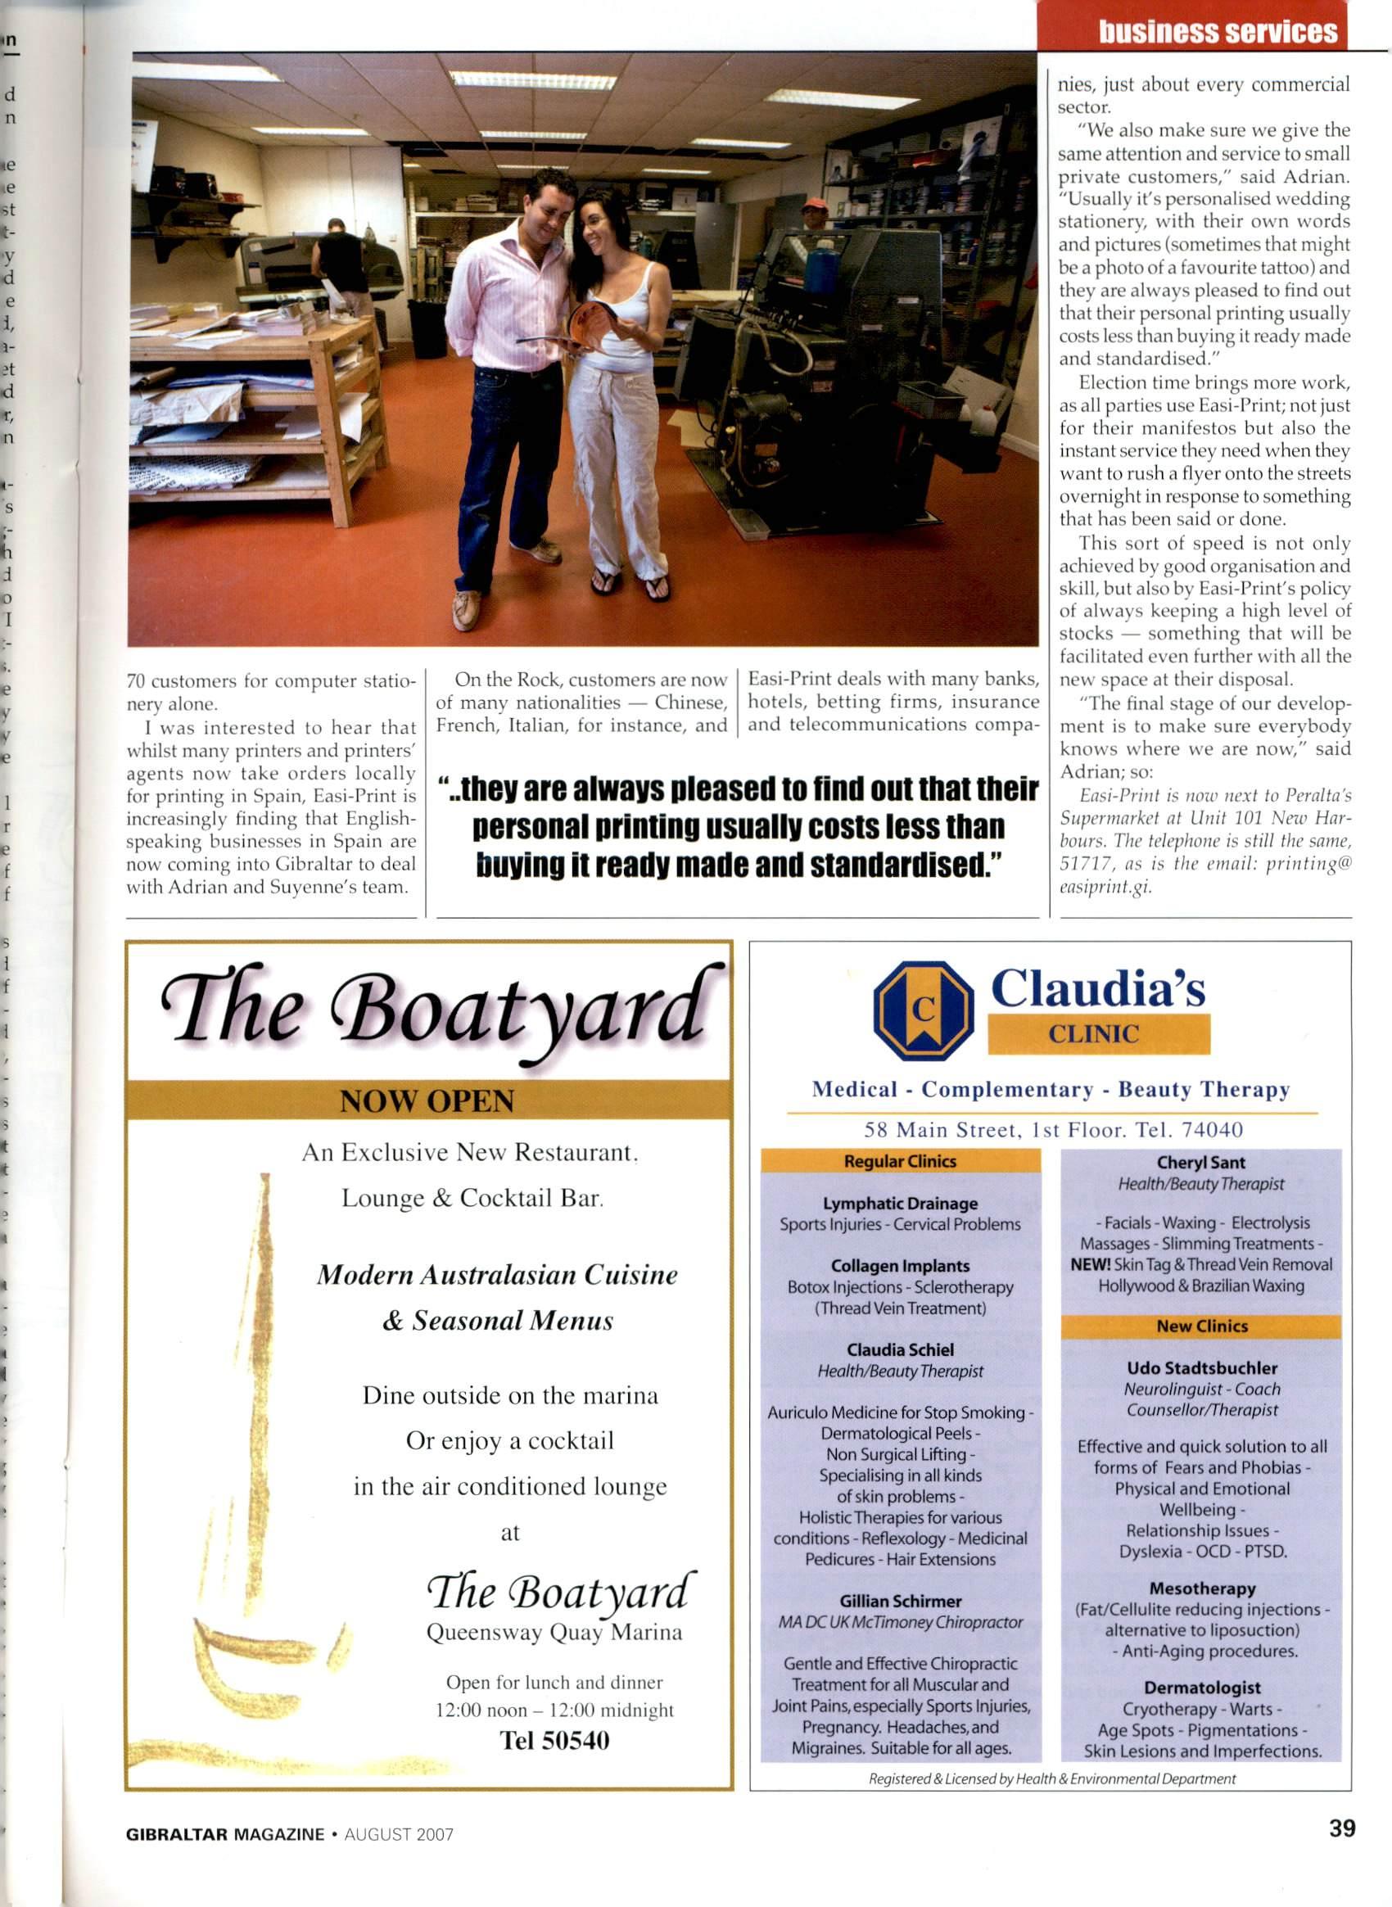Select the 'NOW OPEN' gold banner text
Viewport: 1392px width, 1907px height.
pos(427,1100)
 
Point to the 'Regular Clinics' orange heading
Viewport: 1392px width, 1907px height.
pos(900,1161)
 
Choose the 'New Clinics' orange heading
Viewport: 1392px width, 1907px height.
pos(1201,1326)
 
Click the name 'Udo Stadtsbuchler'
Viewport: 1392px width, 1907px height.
pos(1201,1367)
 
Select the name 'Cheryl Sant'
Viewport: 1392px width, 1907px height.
pos(1200,1163)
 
